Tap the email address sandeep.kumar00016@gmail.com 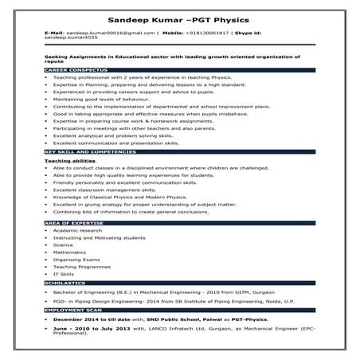point(111,33)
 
